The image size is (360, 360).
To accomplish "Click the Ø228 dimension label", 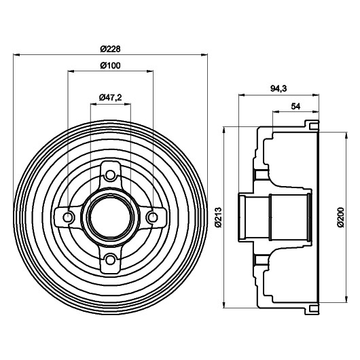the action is coord(110,49).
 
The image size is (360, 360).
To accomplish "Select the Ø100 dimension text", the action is coord(110,66).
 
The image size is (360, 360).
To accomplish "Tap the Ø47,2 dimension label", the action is coord(110,98).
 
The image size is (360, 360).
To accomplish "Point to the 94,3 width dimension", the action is coord(278,88).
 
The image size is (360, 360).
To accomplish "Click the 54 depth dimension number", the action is coord(295,106).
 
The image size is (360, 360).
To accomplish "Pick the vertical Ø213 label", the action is coord(219,217).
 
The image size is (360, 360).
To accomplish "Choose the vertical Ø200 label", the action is coord(341,217).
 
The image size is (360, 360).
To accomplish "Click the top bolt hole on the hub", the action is coord(110,175).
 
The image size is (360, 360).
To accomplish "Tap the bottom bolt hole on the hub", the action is coord(110,259).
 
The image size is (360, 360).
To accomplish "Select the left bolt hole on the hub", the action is coord(68,217).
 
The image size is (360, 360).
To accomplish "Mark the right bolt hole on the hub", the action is coord(152,217).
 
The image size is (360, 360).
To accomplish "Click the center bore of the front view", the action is coord(110,217).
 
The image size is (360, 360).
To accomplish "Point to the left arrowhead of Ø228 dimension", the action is coord(16,54).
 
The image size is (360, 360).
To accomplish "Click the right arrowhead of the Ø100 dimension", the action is coord(150,71).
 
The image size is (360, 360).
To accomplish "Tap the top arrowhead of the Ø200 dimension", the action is coord(346,135).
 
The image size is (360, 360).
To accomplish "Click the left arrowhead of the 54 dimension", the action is coord(276,112).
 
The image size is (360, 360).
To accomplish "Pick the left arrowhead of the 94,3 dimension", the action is coord(242,94).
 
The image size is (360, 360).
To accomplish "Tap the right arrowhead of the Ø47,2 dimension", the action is coord(128,104).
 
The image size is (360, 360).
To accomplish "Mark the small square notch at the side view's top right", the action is coord(312,126).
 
